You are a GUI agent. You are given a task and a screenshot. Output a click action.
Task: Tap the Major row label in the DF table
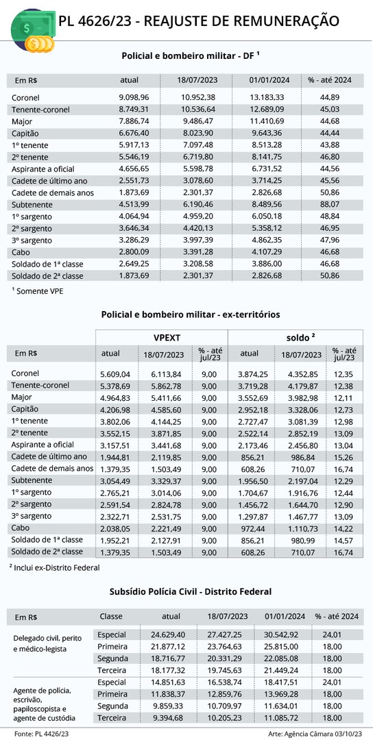click(21, 121)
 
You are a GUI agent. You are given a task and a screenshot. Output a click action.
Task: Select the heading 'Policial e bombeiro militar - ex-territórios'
click(191, 314)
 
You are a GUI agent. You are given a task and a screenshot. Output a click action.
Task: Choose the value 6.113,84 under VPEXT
click(165, 374)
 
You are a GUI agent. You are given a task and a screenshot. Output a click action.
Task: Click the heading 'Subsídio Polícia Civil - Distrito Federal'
click(191, 591)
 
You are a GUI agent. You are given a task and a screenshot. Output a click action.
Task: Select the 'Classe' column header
click(111, 617)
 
